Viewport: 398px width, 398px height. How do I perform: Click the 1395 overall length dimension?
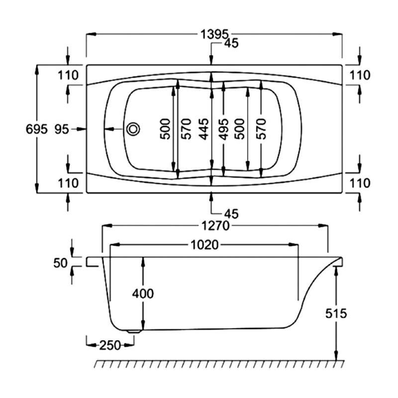(x=214, y=34)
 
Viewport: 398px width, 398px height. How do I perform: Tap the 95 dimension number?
(x=61, y=129)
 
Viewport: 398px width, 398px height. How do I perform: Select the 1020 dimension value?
(x=204, y=244)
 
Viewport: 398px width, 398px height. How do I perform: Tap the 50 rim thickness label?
(x=61, y=263)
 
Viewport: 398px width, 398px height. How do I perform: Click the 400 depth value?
(x=143, y=294)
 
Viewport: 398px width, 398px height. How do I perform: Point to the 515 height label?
(x=337, y=313)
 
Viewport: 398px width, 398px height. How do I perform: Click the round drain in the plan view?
(x=133, y=129)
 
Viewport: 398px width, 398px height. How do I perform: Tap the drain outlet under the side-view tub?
(x=133, y=330)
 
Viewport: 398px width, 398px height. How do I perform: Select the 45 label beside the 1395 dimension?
(x=231, y=44)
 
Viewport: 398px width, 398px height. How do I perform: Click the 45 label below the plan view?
(x=231, y=214)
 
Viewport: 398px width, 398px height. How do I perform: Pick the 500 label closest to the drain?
(x=166, y=129)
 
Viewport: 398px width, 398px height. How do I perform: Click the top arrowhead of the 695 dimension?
(x=37, y=68)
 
